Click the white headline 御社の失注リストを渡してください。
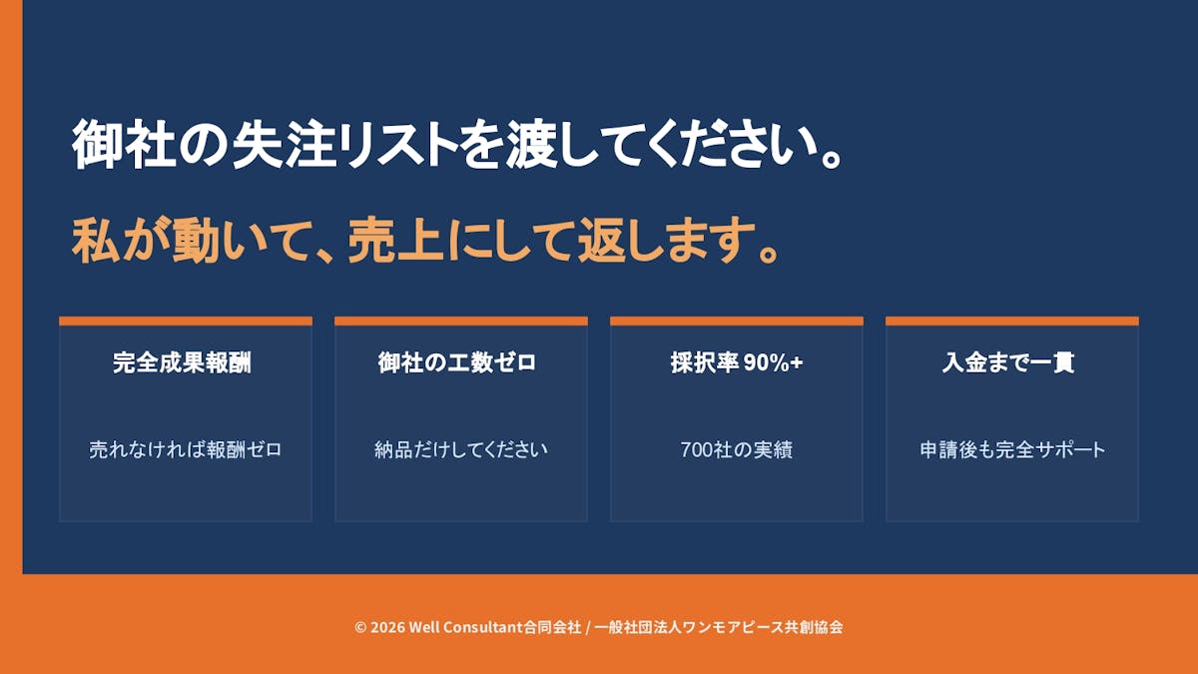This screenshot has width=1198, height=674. click(457, 145)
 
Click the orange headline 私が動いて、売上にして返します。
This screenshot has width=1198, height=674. click(425, 240)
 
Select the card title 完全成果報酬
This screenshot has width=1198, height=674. click(182, 362)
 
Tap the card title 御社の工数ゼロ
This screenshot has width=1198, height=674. click(457, 362)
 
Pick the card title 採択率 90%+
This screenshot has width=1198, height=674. click(737, 362)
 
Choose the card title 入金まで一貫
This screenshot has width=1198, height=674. click(1008, 362)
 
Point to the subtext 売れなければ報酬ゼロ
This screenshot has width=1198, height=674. click(185, 449)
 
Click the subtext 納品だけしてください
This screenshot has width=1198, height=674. click(461, 449)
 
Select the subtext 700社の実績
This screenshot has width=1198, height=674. click(737, 449)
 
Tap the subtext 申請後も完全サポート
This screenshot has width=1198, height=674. click(1012, 449)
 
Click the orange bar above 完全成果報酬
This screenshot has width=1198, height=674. click(186, 321)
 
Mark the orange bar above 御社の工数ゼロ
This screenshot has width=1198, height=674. click(461, 321)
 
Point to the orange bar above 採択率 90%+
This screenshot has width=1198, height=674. click(737, 321)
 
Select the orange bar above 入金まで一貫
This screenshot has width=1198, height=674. click(1012, 321)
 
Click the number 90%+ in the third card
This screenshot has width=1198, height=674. click(774, 362)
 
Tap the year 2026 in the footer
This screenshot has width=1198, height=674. click(387, 627)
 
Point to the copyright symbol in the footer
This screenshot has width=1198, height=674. click(360, 627)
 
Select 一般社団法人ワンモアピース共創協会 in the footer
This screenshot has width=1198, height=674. click(719, 627)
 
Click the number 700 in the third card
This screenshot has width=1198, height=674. click(695, 450)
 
